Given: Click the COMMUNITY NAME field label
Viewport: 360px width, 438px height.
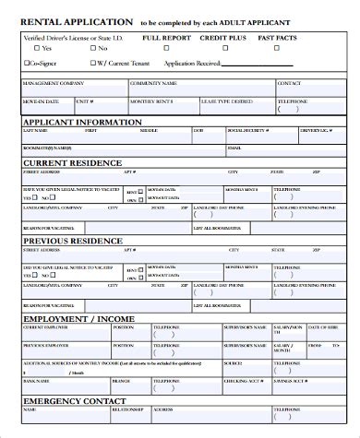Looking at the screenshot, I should pyautogui.click(x=151, y=82).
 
